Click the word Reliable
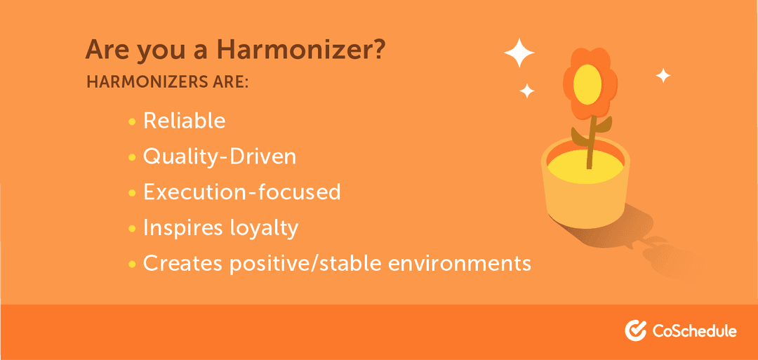coord(185,121)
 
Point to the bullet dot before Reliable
coord(132,122)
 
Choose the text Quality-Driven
coord(220,156)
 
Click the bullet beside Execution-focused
coord(132,193)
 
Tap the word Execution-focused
coord(241,192)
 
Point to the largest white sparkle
coord(519,52)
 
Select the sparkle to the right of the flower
coord(663,76)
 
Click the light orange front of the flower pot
coord(587,202)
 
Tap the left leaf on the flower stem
coord(579,136)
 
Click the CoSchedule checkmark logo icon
coord(635,331)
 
